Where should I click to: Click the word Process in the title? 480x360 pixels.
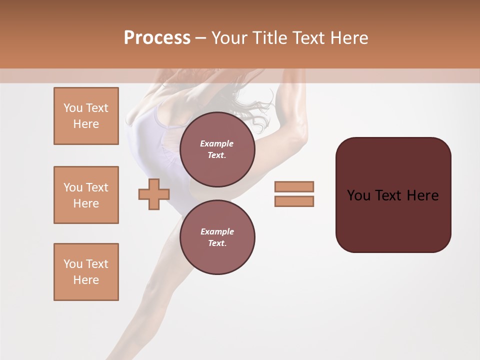pos(157,38)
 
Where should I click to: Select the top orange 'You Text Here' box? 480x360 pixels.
pos(86,116)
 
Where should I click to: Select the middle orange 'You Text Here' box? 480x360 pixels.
pos(86,195)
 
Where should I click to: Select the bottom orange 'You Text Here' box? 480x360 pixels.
pos(86,272)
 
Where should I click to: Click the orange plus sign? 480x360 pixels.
pos(154,194)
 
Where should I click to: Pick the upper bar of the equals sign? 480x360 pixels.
pos(294,186)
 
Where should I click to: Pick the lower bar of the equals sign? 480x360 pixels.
pos(294,201)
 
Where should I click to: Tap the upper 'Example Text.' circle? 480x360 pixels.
pos(217,149)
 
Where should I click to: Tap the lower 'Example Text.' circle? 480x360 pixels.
pos(217,237)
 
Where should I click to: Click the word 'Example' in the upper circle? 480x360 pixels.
pos(217,144)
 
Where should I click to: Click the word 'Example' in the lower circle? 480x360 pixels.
pos(217,232)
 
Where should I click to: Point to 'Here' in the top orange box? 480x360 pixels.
pos(86,124)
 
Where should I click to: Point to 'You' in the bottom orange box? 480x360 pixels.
pos(73,264)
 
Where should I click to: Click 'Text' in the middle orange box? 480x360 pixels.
pos(96,187)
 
